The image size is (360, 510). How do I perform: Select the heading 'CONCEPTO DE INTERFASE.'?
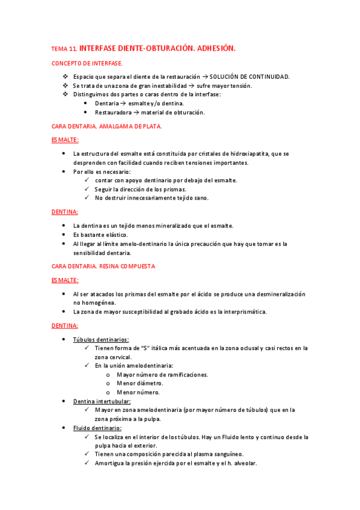tap(88, 63)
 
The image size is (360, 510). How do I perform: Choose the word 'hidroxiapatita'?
tap(242, 154)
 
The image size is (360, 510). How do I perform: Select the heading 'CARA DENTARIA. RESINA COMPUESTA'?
tap(103, 265)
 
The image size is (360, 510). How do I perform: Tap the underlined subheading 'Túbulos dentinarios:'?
tap(101, 339)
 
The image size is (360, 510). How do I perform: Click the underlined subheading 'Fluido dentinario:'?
tap(97, 428)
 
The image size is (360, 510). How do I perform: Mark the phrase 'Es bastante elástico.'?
tap(100, 235)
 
